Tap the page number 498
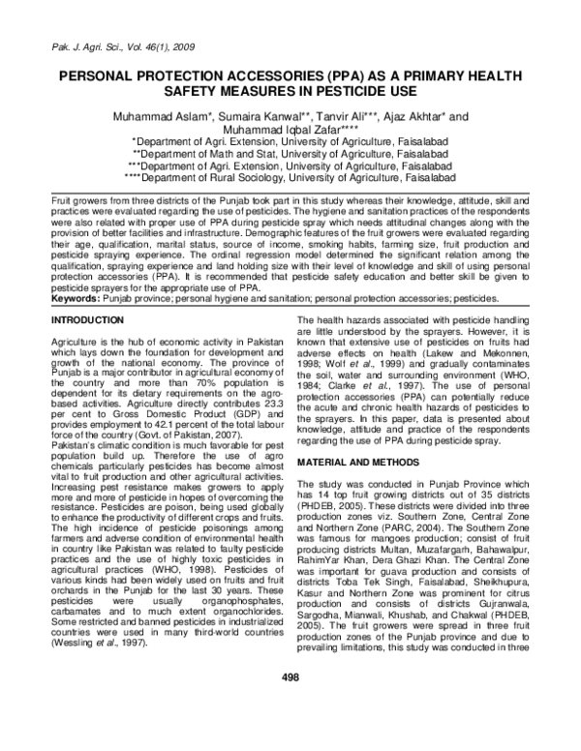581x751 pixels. [290, 704]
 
